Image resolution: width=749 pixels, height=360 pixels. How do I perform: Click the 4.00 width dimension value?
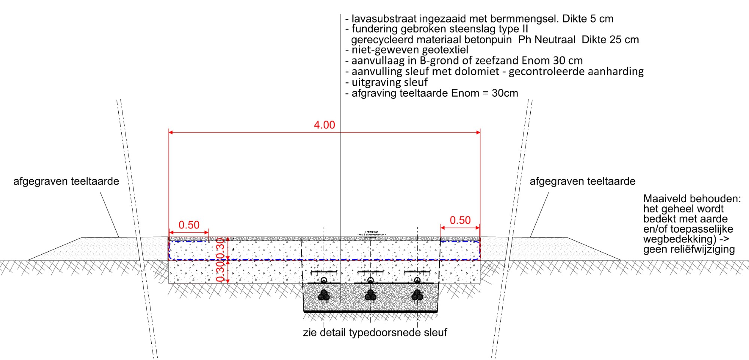click(324, 125)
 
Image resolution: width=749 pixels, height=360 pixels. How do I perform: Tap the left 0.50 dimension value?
click(189, 225)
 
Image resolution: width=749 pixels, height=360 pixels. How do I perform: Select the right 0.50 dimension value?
click(460, 220)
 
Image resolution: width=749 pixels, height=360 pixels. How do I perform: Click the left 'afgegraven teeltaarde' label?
click(66, 181)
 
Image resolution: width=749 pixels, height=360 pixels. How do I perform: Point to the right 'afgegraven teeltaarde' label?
click(582, 181)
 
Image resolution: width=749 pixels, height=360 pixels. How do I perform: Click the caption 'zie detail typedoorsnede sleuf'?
click(375, 333)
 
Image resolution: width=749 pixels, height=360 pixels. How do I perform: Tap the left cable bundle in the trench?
click(324, 296)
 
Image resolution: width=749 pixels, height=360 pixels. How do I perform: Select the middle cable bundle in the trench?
click(370, 296)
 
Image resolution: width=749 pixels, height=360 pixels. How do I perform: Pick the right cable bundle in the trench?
click(417, 296)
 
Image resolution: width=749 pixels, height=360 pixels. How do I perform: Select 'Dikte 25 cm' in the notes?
click(610, 40)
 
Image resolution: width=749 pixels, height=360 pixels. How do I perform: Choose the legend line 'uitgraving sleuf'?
click(389, 82)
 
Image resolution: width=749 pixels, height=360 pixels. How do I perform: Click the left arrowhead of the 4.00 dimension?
click(170, 132)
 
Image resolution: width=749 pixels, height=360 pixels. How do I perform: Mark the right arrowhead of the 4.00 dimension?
click(478, 132)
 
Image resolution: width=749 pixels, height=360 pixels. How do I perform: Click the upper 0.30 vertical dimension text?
click(221, 246)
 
